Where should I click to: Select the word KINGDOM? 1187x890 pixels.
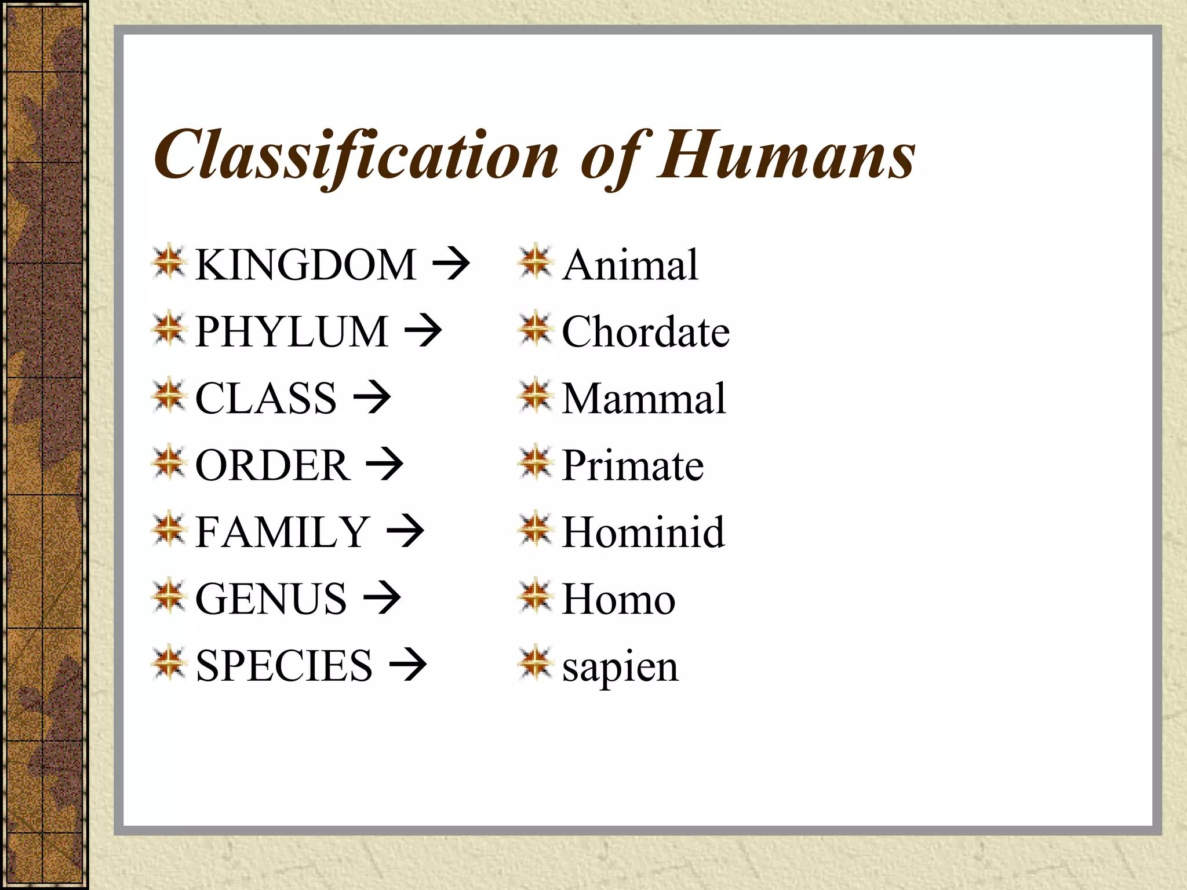pos(305,265)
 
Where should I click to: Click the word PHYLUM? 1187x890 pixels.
pos(292,331)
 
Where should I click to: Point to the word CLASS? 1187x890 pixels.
pos(265,398)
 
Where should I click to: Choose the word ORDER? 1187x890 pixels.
pos(272,465)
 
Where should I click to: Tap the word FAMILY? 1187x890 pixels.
pos(282,532)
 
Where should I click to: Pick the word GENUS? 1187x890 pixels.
pos(271,599)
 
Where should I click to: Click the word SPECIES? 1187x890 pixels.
pos(284,666)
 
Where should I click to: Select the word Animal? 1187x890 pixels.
pos(630,265)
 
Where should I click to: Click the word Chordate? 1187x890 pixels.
pos(646,331)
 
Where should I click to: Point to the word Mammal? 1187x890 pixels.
pos(643,398)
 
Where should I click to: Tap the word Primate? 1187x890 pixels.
pos(632,465)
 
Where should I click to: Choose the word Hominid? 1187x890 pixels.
pos(643,532)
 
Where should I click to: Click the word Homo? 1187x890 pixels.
pos(618,599)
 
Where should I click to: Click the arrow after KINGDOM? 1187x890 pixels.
pos(451,265)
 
